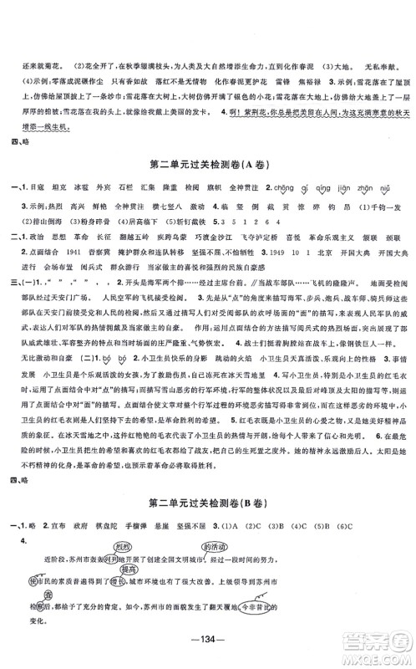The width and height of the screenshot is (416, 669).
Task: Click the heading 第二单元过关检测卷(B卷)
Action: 207,481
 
